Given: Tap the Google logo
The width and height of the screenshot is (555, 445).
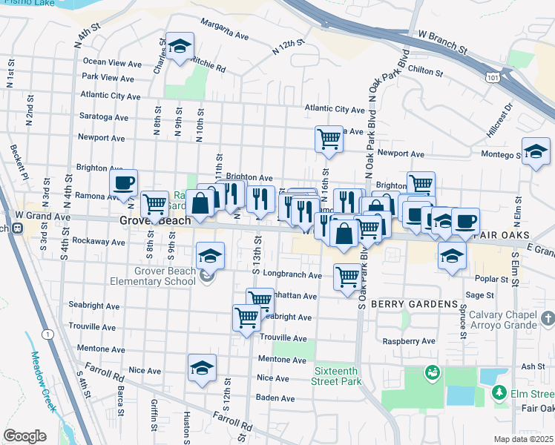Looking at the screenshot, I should (24, 436).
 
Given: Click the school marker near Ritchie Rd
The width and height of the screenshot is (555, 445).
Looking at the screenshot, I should (179, 47).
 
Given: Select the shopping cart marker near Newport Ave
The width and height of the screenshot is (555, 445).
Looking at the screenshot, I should (329, 138).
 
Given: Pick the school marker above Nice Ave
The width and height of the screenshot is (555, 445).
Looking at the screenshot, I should (202, 368).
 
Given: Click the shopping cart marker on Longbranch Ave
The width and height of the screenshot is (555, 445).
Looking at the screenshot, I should (347, 277).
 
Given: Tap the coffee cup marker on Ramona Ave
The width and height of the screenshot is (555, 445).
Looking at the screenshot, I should (123, 182).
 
